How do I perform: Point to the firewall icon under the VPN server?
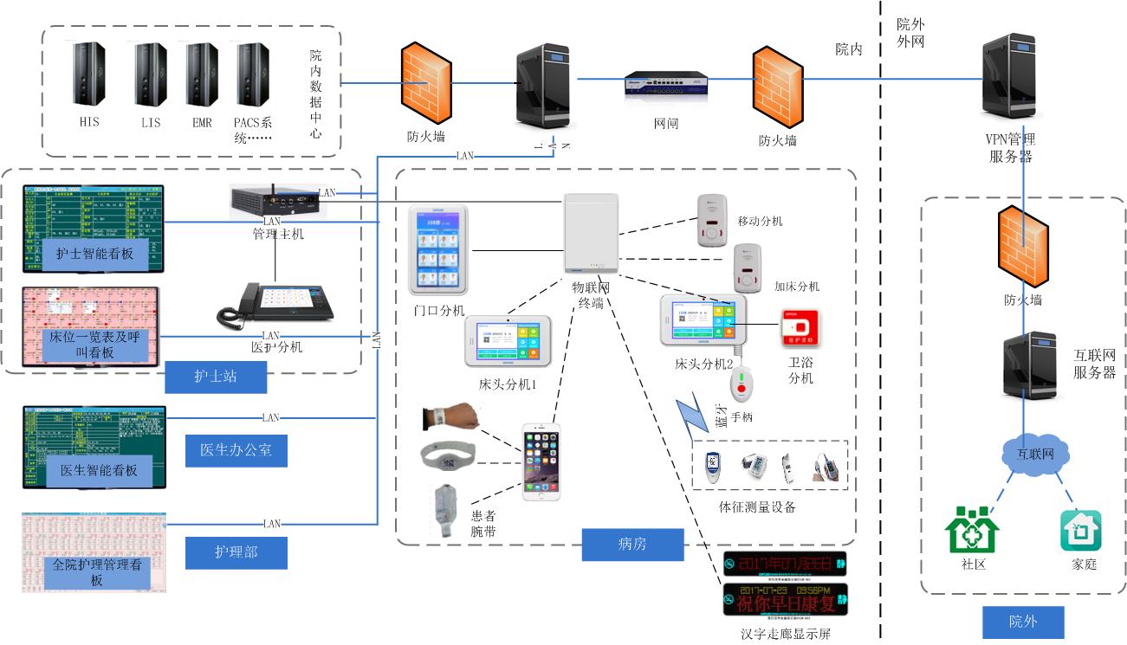(1023, 247)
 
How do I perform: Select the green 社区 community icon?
(970, 530)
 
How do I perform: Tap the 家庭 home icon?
(1080, 531)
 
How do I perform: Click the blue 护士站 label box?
(216, 376)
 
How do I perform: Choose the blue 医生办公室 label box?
(236, 450)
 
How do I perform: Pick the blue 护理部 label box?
(236, 551)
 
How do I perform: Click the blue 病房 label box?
(632, 544)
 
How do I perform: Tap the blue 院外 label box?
(1023, 622)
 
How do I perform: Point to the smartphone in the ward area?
(541, 461)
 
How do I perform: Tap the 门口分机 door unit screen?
(437, 249)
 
